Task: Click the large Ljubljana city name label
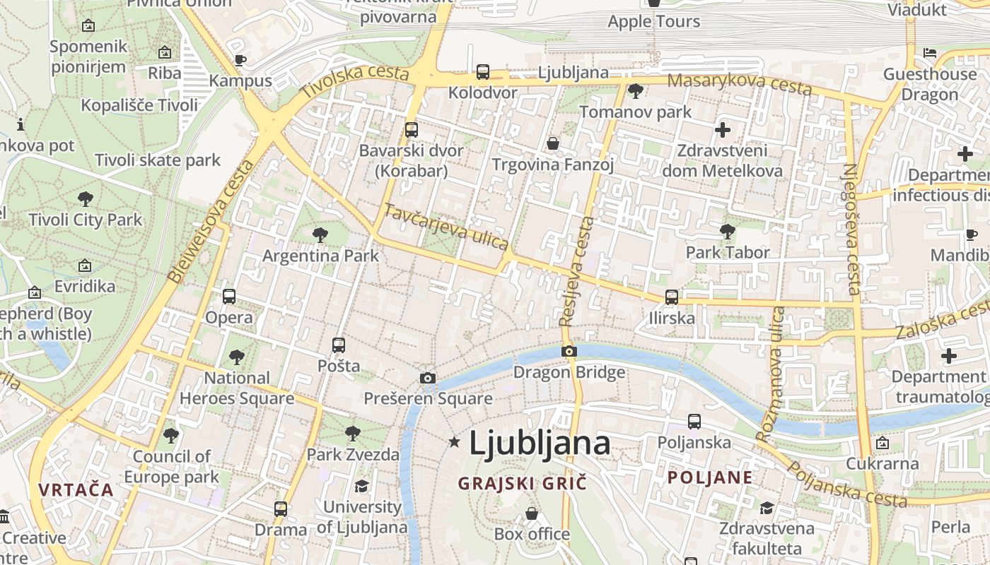pos(540,444)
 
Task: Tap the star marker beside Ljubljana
pos(454,442)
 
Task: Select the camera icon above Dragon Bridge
pos(569,351)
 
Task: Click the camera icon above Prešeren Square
pos(427,378)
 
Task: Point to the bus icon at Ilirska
pos(672,297)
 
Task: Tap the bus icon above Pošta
pos(339,345)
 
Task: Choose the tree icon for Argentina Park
pos(320,234)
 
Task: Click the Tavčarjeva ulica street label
pos(446,226)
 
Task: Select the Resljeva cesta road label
pos(577,271)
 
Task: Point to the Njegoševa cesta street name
pos(851,229)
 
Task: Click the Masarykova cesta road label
pos(739,83)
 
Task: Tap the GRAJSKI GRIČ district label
pos(523,484)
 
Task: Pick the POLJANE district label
pos(710,477)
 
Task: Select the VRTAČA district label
pos(76,489)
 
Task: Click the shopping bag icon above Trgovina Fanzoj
pos(553,144)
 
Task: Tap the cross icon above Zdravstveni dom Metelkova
pos(723,130)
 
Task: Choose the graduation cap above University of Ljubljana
pos(362,486)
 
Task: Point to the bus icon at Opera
pos(229,297)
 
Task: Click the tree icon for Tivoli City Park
pos(86,199)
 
